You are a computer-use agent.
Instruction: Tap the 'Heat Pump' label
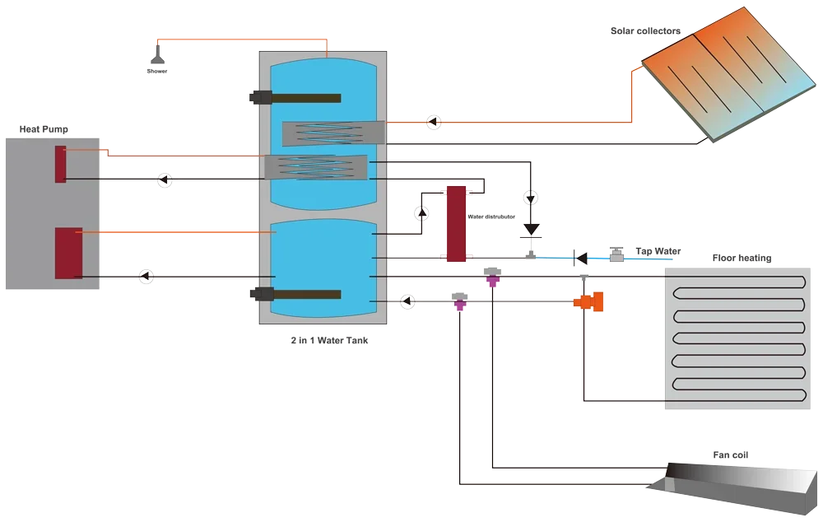coord(44,129)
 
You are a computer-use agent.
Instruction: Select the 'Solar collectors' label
coord(645,31)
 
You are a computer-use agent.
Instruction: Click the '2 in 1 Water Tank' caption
coord(330,340)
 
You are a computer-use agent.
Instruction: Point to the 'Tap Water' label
coord(658,251)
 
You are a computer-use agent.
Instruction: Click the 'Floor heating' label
coord(742,258)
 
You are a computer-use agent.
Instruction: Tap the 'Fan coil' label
coord(731,454)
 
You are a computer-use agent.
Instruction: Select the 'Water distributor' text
coord(491,217)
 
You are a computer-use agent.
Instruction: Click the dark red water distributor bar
coord(456,224)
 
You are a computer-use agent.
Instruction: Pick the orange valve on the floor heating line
coord(589,301)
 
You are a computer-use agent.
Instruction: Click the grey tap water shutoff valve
coord(616,254)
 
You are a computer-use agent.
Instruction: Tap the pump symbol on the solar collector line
coord(434,123)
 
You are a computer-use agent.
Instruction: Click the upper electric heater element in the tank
coord(295,98)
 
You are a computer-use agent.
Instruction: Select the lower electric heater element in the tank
coord(295,294)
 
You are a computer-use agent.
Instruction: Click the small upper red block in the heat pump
coord(61,165)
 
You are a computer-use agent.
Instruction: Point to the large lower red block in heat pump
coord(69,253)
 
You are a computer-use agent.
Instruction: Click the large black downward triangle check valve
coord(531,230)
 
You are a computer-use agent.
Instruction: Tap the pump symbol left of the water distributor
coord(421,213)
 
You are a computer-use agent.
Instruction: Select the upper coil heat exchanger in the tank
coord(333,133)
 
